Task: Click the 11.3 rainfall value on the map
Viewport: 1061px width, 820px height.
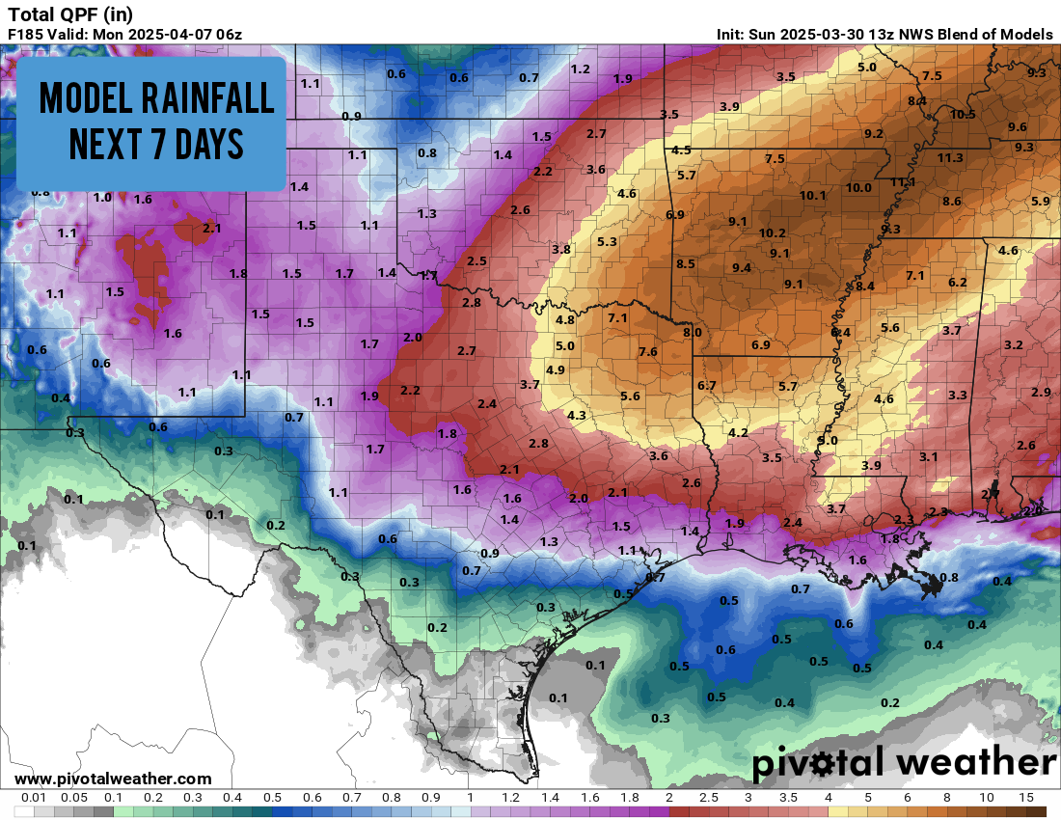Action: [950, 157]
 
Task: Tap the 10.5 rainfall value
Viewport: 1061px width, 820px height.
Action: [963, 114]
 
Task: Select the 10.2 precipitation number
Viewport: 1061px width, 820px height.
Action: [772, 232]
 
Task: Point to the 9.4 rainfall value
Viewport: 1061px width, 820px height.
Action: [742, 267]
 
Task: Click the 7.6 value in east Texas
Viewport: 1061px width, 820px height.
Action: [647, 351]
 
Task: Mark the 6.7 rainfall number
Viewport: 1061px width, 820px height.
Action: [706, 386]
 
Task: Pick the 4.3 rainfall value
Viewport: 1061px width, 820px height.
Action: [577, 415]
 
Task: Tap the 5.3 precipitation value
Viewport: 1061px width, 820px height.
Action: [607, 241]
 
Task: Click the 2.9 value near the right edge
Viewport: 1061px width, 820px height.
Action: [1041, 392]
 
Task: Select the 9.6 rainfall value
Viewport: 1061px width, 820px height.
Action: [1017, 126]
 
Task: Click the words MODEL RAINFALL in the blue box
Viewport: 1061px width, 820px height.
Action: [151, 98]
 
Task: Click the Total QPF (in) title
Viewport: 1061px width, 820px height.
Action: [70, 14]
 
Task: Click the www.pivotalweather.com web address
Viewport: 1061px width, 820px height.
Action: [113, 779]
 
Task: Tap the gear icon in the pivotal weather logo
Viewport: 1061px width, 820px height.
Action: [823, 764]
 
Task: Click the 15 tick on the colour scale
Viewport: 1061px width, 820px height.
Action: [1025, 798]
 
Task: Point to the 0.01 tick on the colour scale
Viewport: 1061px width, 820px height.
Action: [35, 798]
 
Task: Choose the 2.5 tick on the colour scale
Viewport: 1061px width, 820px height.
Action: [708, 798]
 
